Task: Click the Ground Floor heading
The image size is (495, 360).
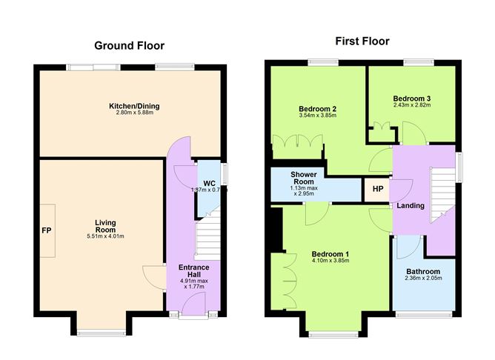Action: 130,45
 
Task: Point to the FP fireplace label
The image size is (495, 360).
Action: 46,230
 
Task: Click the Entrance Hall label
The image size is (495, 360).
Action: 193,271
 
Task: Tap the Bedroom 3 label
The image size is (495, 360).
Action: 412,99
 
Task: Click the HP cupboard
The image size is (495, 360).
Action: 377,189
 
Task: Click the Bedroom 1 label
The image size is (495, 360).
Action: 330,254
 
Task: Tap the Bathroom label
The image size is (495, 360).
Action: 422,271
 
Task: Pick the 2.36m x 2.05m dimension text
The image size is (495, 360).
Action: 422,280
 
